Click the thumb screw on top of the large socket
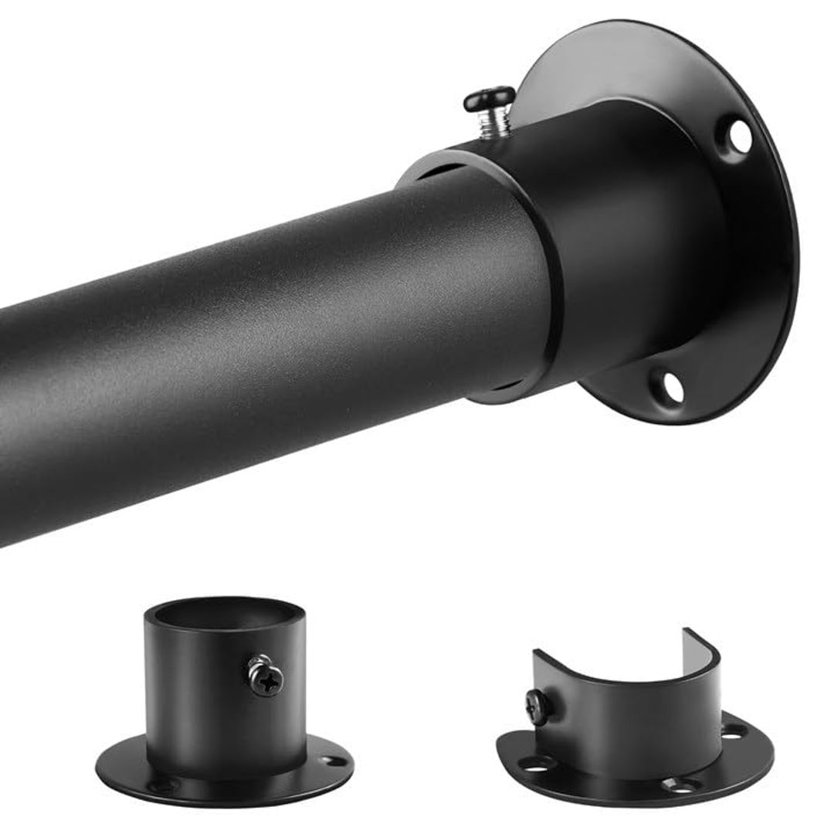click(x=490, y=108)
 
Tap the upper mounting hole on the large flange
click(x=739, y=136)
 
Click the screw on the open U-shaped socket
click(x=535, y=705)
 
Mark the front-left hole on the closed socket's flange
click(x=164, y=785)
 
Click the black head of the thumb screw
click(x=490, y=98)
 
